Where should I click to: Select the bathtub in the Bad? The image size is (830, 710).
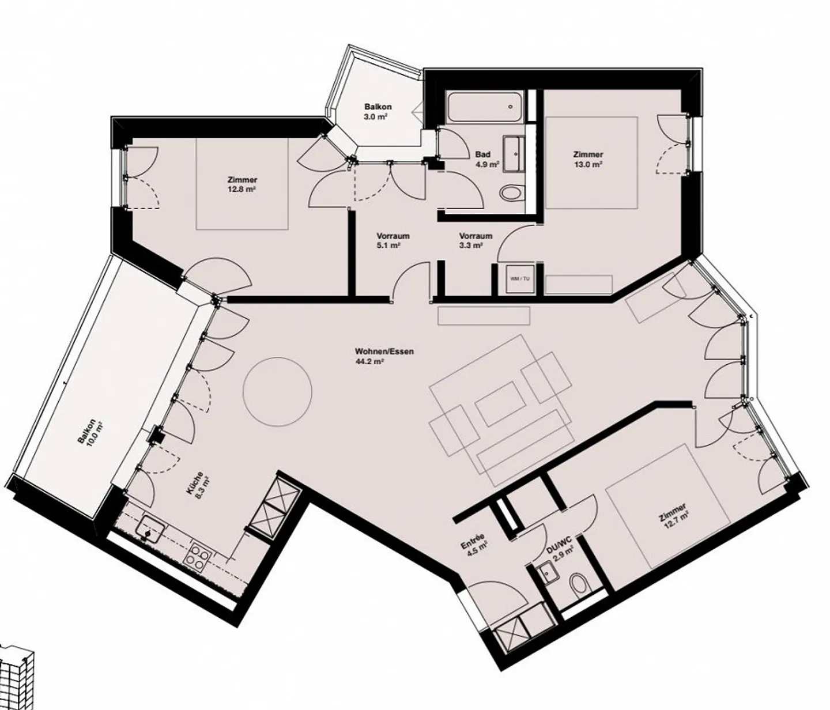click(x=485, y=107)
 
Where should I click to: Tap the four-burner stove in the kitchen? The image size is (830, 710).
click(x=198, y=554)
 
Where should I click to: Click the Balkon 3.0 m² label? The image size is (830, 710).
click(x=378, y=111)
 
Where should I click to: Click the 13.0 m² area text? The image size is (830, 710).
click(x=588, y=164)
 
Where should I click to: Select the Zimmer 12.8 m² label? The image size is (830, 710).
click(x=242, y=184)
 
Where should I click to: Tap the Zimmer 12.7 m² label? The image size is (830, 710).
click(x=673, y=516)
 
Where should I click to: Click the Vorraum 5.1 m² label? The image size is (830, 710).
click(x=393, y=240)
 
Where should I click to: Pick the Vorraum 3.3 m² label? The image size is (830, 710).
click(x=476, y=240)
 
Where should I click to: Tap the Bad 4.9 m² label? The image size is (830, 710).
click(x=484, y=159)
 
